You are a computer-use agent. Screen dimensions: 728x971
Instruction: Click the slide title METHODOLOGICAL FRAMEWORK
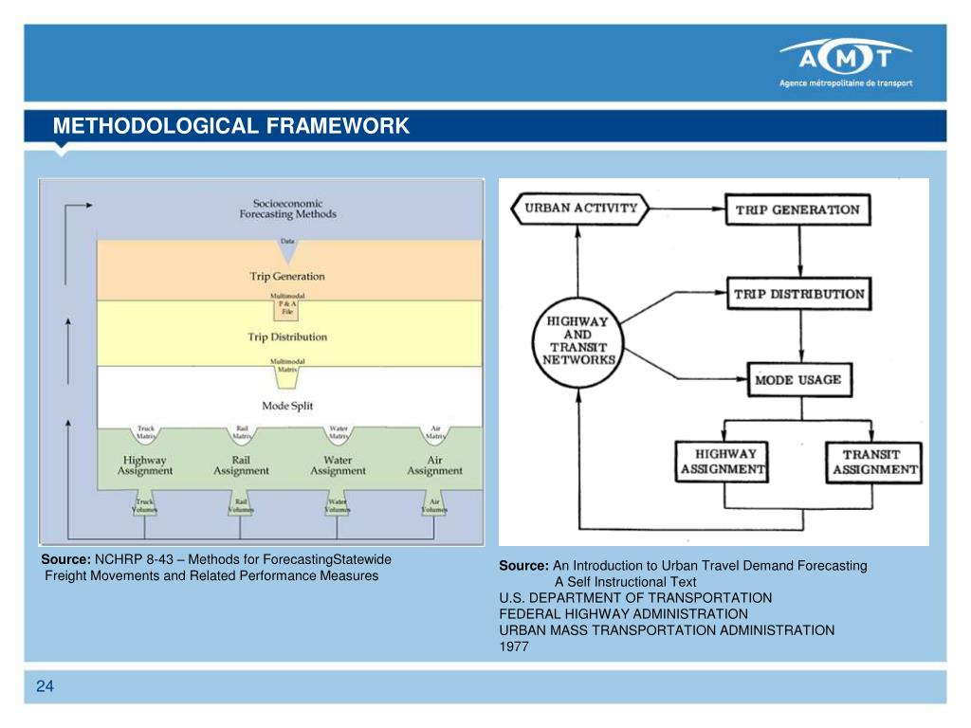tap(230, 127)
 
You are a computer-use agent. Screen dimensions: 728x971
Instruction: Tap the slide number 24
tap(45, 686)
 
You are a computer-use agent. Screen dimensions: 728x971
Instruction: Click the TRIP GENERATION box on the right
tap(797, 209)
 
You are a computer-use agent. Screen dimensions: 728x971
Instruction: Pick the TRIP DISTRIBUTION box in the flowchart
tap(799, 293)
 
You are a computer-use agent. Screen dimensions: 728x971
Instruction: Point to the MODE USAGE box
tap(797, 380)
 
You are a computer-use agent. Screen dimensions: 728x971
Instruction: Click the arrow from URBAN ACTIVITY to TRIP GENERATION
tap(687, 209)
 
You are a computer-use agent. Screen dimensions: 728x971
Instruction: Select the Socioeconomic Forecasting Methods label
tap(287, 209)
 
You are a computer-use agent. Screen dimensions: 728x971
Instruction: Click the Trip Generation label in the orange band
tap(287, 277)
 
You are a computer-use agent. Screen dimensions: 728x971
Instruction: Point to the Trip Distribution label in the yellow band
tap(287, 337)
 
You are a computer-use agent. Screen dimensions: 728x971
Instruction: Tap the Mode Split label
tap(287, 406)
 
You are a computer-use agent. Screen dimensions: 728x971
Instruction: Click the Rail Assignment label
tap(241, 464)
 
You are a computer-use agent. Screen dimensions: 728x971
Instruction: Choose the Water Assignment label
tap(338, 464)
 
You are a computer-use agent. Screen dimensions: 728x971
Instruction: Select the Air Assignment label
tap(434, 464)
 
